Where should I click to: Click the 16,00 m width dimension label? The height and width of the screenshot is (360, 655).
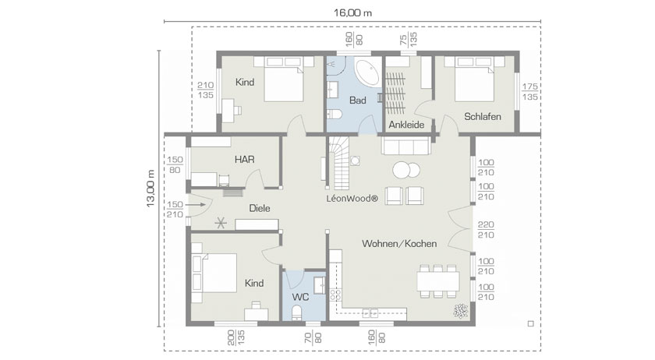click(352, 13)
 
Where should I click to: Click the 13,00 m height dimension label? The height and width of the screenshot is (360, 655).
click(150, 189)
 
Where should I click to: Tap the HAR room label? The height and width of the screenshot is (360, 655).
click(244, 159)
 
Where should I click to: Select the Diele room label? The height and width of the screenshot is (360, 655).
click(260, 208)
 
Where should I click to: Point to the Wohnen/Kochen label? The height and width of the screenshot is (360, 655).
click(399, 243)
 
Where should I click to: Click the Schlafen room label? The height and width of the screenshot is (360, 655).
click(483, 117)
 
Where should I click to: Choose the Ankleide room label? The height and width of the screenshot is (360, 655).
click(406, 125)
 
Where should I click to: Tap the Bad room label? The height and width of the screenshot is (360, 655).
click(358, 101)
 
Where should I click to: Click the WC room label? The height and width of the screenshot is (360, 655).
click(300, 297)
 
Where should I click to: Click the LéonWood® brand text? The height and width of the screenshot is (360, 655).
click(352, 199)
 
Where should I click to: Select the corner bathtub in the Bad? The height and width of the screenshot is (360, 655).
click(367, 72)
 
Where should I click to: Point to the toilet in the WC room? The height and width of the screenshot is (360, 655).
click(296, 312)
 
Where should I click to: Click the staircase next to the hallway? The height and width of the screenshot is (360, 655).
click(338, 163)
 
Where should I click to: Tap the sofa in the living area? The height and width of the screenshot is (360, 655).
click(405, 146)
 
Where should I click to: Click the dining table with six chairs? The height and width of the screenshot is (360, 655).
click(437, 281)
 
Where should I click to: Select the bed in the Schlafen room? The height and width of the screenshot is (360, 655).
click(475, 79)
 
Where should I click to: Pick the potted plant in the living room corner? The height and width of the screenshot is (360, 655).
click(460, 311)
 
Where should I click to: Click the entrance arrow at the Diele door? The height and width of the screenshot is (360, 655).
click(196, 205)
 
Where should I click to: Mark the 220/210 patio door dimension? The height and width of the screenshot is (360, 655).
click(486, 230)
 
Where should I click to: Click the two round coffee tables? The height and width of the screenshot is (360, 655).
click(406, 170)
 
